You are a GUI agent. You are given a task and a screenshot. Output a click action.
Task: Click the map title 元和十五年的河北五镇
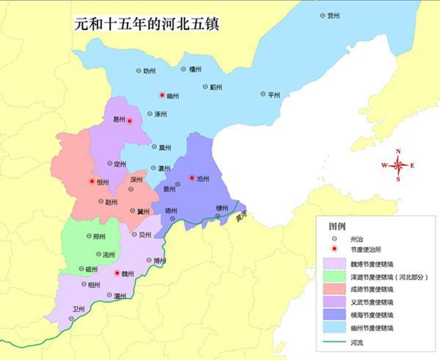(147, 23)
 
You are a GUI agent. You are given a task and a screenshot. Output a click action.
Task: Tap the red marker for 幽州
(162, 95)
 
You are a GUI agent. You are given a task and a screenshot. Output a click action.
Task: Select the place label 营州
(334, 15)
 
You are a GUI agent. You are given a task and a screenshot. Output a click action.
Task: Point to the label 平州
(274, 95)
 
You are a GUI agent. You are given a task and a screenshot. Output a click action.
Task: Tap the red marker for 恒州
(92, 181)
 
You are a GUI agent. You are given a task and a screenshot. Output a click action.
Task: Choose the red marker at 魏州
(116, 273)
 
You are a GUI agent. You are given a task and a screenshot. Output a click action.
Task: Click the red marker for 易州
(129, 120)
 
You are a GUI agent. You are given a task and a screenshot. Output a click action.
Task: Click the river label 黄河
(241, 218)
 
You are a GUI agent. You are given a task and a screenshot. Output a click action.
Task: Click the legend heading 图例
(337, 226)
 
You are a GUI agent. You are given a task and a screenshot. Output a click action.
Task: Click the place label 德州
(170, 210)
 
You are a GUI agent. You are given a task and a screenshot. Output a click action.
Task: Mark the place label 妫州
(150, 70)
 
